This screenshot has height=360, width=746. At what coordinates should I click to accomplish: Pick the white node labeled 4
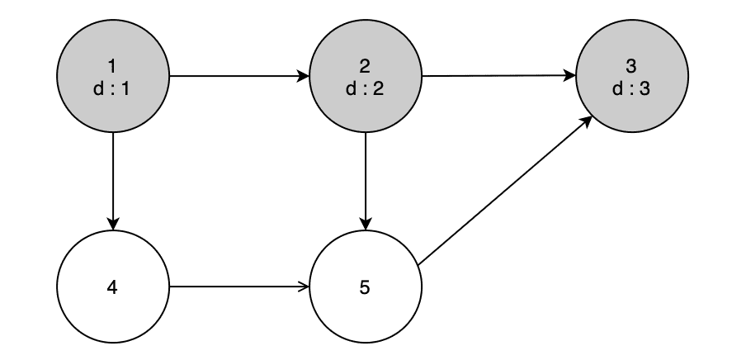[x=112, y=288]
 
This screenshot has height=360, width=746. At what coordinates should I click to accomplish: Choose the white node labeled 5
[x=365, y=288]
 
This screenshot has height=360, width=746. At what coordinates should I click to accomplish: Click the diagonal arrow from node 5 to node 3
[x=505, y=192]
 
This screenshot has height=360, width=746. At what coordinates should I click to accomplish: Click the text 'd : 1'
[x=112, y=88]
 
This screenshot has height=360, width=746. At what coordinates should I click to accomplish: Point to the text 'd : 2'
[x=365, y=88]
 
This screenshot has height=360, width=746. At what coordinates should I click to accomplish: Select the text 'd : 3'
[x=631, y=88]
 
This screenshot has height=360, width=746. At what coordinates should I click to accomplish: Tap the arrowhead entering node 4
[x=112, y=225]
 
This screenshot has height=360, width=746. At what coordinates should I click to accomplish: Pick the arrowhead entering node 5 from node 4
[x=303, y=288]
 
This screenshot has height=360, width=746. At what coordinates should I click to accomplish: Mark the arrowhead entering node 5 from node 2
[x=365, y=225]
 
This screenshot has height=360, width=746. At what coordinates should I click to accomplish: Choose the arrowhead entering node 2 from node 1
[x=303, y=78]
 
